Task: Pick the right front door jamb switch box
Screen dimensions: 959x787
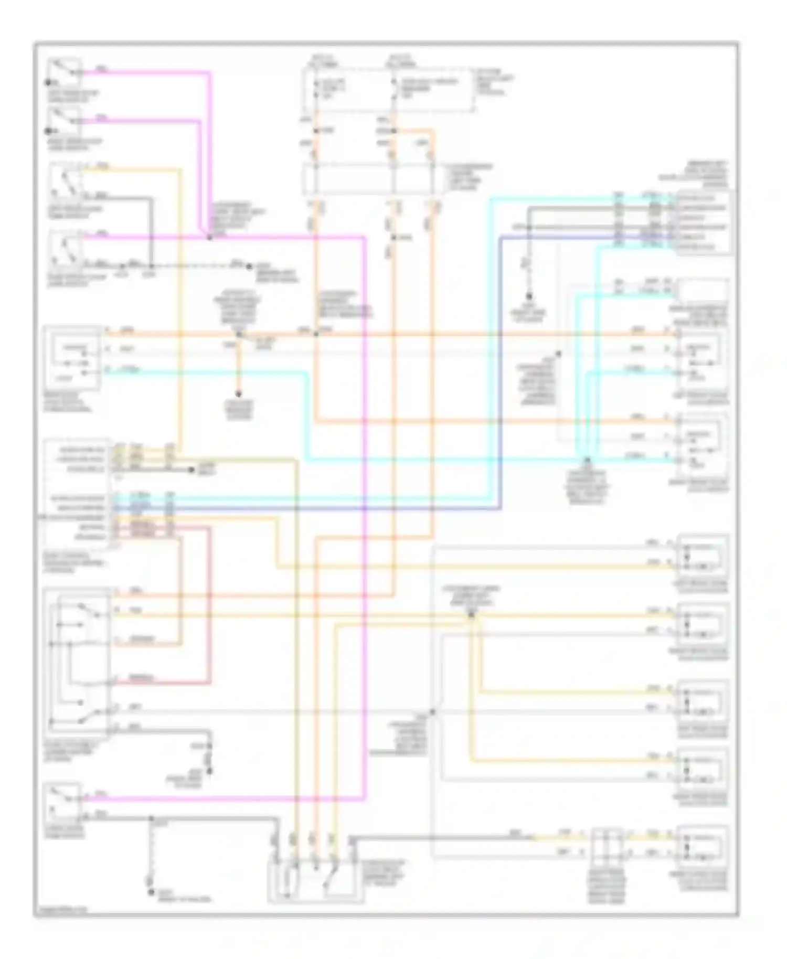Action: point(67,250)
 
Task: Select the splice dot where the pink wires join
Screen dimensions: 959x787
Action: point(209,238)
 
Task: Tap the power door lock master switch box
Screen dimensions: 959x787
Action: point(78,661)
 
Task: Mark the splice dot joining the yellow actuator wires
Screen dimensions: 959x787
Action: point(471,615)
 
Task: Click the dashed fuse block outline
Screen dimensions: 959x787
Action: point(388,89)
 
